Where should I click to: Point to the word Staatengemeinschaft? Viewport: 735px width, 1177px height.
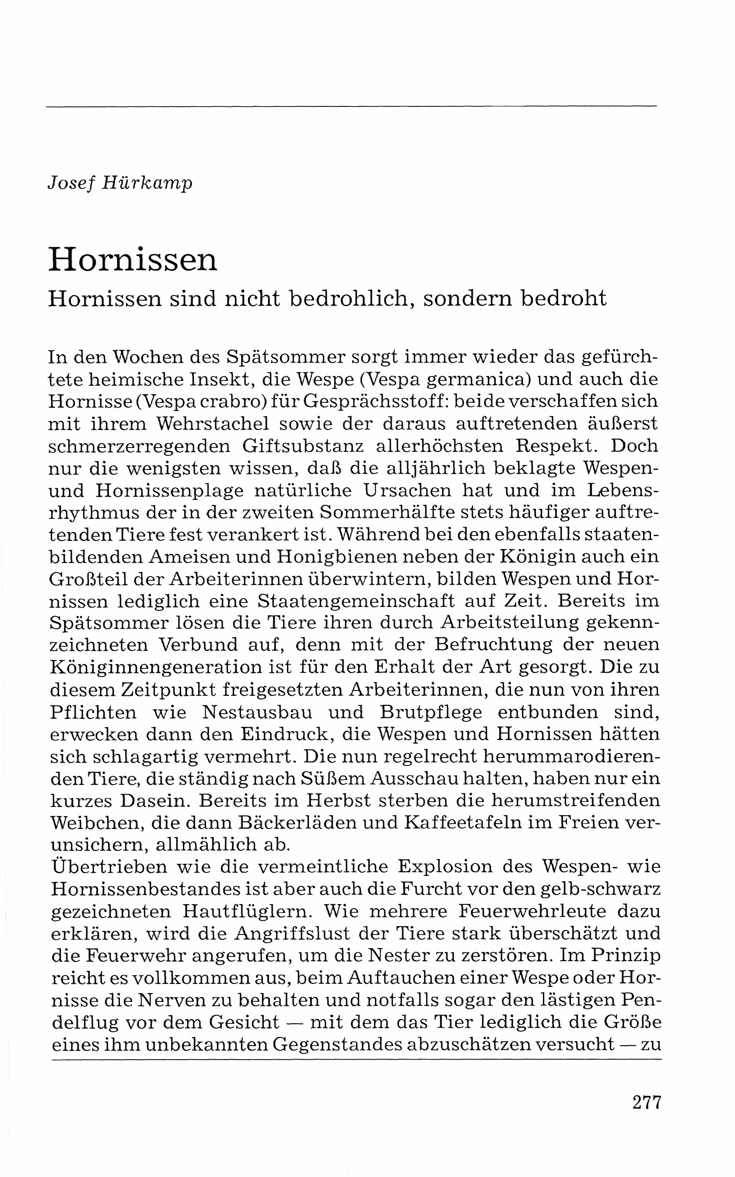click(356, 601)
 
